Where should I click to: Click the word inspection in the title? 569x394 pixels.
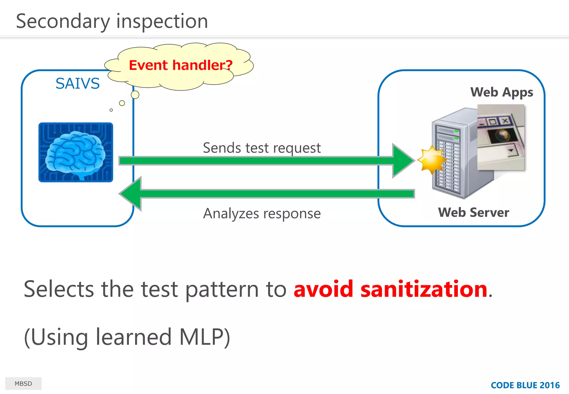(x=162, y=22)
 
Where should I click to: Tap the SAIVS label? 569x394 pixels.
(x=78, y=83)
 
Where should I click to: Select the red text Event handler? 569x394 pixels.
(x=181, y=65)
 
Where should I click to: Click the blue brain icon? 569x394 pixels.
(x=76, y=152)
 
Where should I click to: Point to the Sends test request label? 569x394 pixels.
(x=262, y=148)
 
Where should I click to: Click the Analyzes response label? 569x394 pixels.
(x=262, y=213)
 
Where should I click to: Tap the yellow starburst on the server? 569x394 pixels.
(x=432, y=160)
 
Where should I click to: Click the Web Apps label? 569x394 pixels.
(x=501, y=92)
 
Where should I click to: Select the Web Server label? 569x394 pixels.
(x=473, y=213)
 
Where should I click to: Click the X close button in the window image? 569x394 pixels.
(x=505, y=121)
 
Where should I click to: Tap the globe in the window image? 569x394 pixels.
(x=503, y=135)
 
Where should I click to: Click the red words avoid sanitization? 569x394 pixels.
(x=390, y=289)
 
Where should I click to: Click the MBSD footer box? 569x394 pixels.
(x=23, y=383)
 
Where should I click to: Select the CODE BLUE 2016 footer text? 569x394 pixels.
(x=525, y=385)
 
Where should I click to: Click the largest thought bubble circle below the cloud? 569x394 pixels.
(x=135, y=95)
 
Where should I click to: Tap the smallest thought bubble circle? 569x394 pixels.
(x=111, y=110)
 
